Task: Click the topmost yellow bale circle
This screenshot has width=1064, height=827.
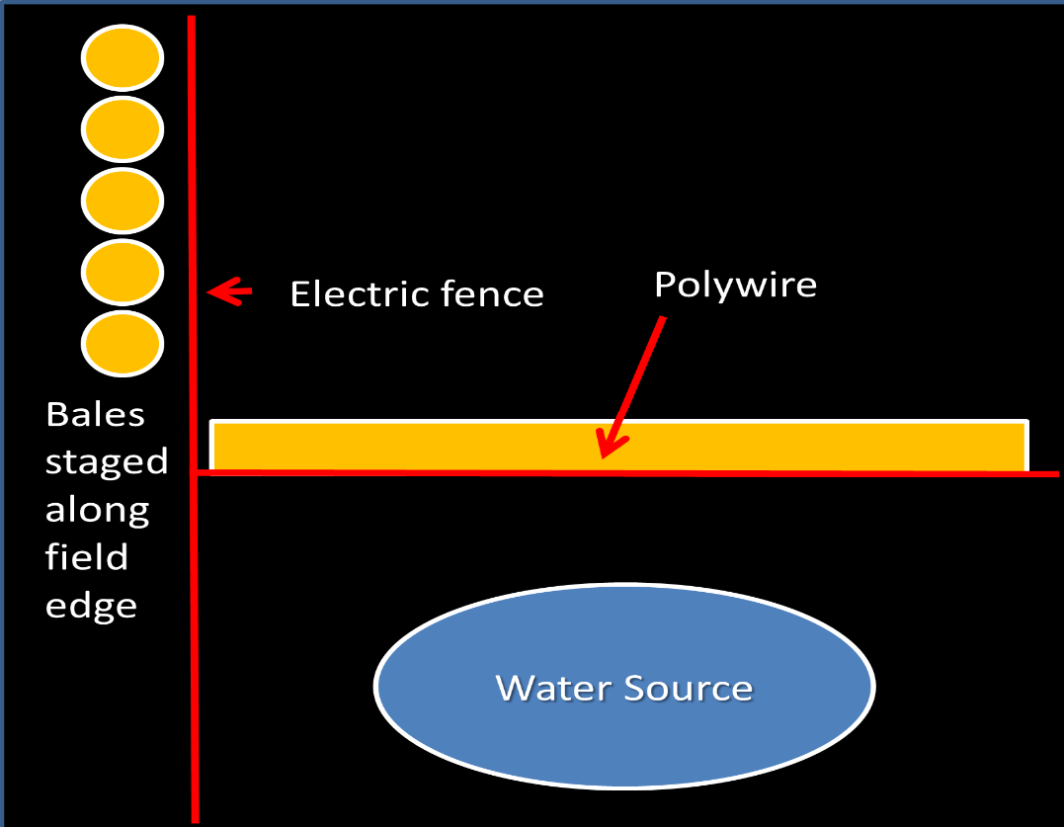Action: tap(122, 59)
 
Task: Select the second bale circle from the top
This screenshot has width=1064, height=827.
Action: tap(122, 130)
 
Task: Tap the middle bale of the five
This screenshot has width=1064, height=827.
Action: tap(122, 202)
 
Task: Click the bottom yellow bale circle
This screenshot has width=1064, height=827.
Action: tap(122, 344)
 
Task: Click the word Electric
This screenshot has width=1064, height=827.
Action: tap(359, 293)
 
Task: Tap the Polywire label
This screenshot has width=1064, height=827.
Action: tap(735, 285)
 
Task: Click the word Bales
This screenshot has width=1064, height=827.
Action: tap(95, 414)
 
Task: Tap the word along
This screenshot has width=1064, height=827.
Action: tap(97, 511)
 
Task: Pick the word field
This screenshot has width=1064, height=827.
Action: tap(87, 557)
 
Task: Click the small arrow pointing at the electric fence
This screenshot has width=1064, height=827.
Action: tap(229, 291)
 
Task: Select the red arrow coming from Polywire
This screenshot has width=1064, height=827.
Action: tap(632, 387)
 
